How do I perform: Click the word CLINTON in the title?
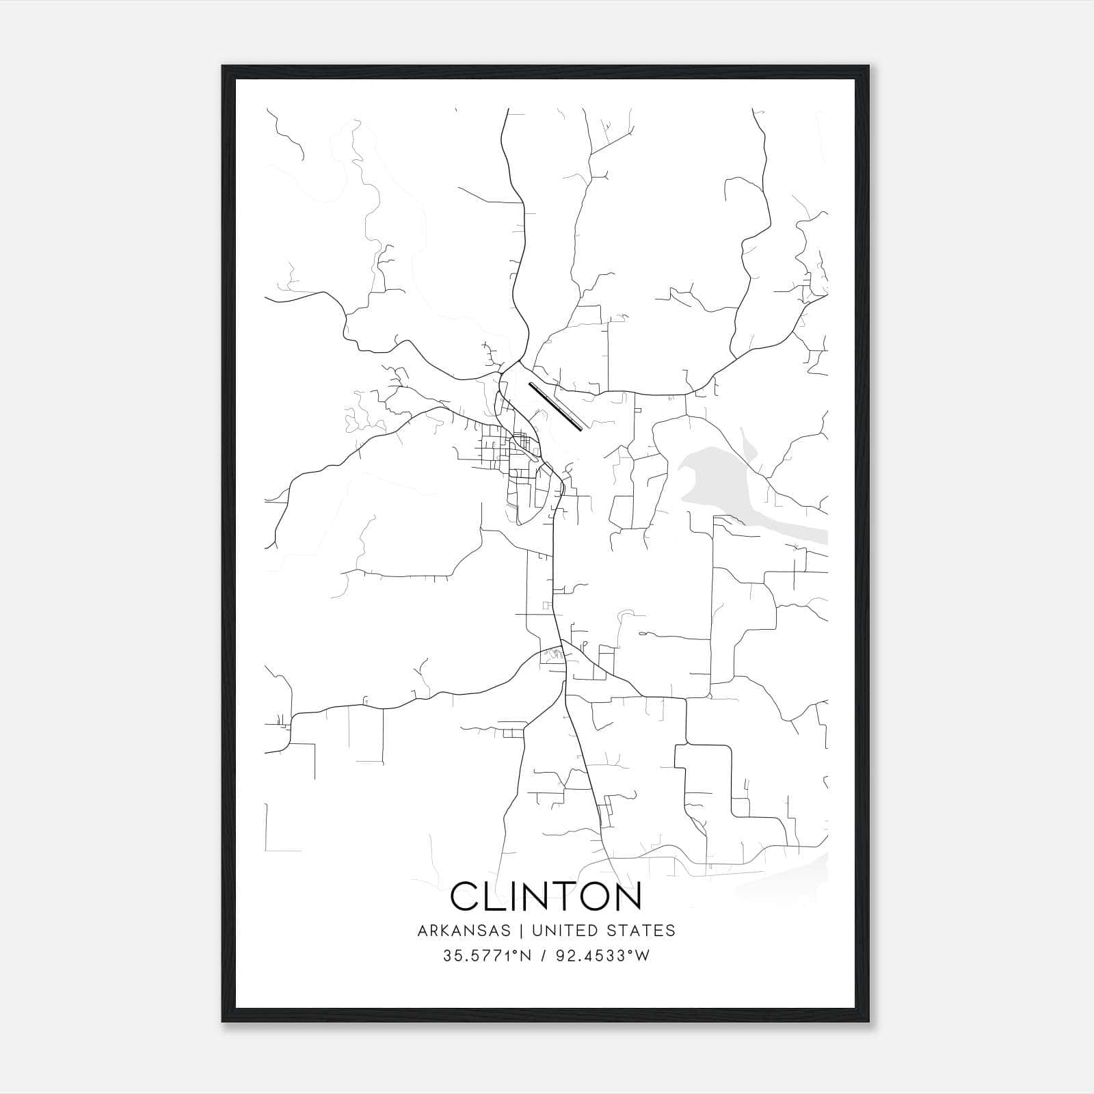546,896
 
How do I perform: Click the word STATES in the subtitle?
643,931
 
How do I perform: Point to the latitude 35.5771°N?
488,956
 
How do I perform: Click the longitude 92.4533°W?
602,956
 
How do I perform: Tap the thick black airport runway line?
555,406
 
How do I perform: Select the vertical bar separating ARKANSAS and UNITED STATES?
520,931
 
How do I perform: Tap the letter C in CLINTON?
466,896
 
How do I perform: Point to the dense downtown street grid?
509,455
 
